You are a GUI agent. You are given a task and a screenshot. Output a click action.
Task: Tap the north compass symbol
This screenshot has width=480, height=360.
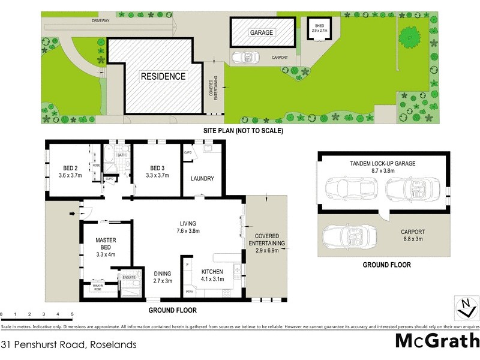pos(466,307)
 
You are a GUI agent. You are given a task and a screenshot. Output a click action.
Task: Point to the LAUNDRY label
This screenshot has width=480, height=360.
pos(202,179)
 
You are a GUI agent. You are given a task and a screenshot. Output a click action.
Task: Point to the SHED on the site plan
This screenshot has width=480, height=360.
pos(319,28)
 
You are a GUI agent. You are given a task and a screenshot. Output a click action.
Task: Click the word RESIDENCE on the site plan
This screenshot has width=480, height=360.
pos(163,76)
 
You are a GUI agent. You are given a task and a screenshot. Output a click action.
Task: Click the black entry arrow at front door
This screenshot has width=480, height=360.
pos(73,212)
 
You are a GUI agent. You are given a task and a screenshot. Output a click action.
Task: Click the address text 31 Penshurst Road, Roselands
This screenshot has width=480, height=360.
pos(68,344)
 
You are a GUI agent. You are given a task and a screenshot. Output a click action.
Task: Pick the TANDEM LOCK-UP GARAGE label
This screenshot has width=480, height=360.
pos(382,164)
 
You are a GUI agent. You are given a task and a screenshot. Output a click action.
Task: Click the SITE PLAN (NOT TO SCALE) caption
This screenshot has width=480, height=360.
pos(242,130)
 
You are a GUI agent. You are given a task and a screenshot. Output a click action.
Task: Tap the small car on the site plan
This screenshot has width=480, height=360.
pos(244,57)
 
